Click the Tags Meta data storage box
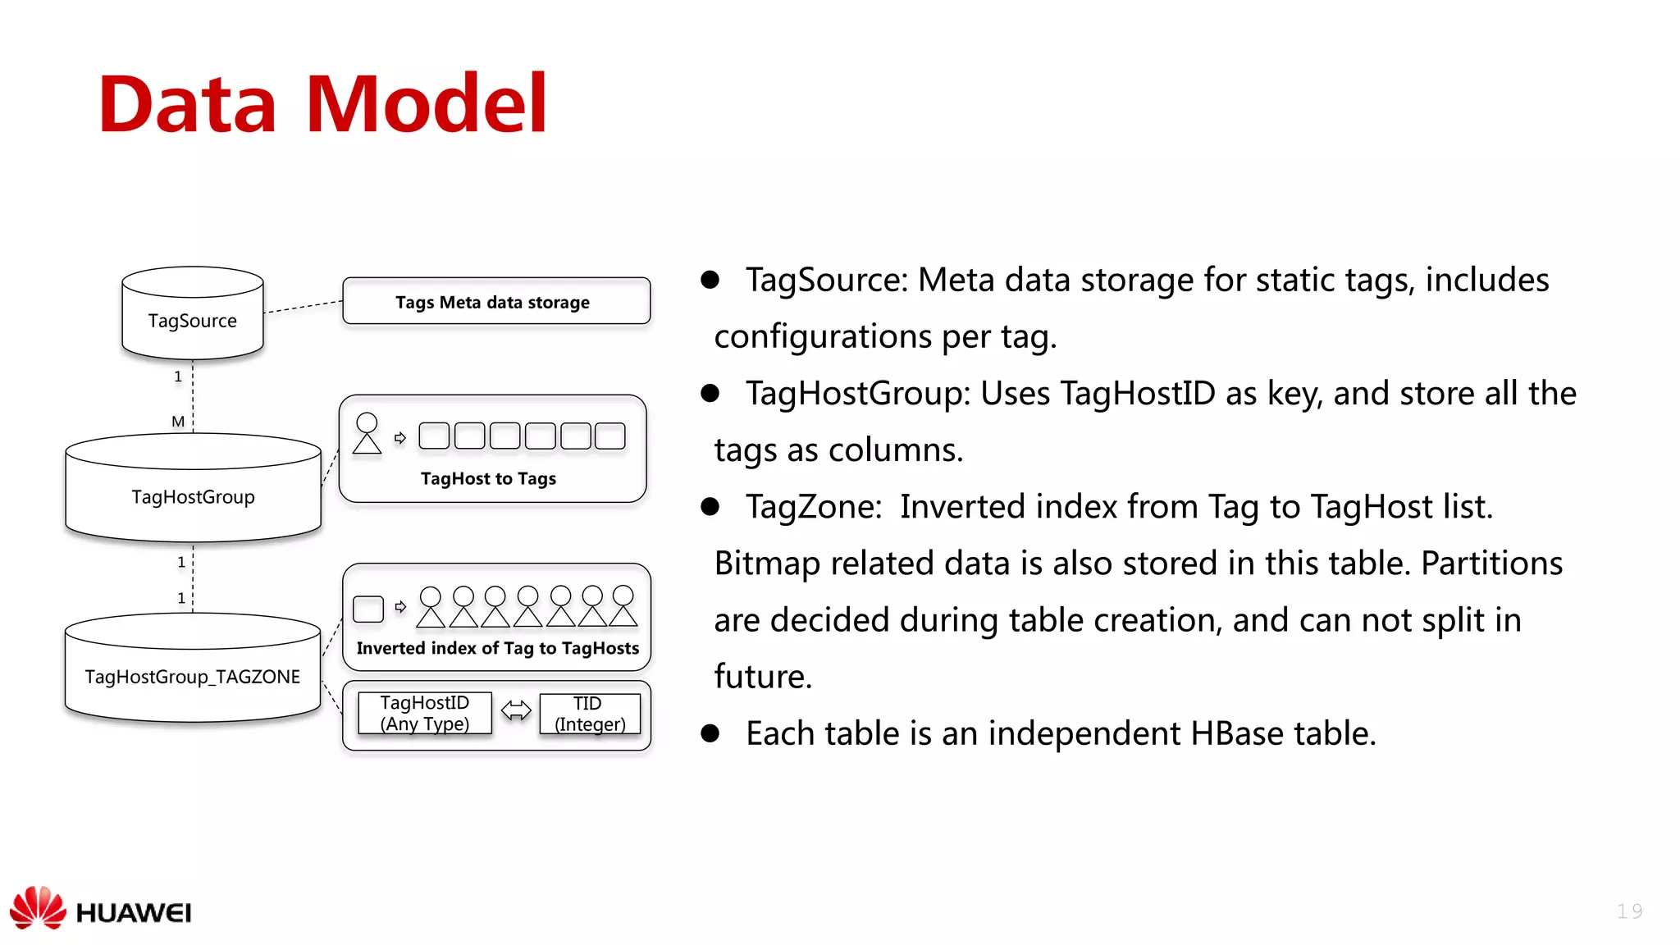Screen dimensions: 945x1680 point(496,301)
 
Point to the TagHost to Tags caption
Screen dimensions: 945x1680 point(488,478)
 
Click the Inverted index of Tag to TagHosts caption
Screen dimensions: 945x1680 point(497,648)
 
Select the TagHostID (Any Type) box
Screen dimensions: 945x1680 point(425,713)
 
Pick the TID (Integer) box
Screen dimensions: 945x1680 point(590,714)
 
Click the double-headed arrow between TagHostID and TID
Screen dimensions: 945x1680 point(516,710)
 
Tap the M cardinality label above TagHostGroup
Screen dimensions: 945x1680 point(178,422)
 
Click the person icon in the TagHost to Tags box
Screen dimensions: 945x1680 point(367,433)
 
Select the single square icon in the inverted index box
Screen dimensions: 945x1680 point(368,609)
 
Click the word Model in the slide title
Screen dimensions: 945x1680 point(426,104)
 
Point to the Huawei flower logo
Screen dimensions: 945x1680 point(38,908)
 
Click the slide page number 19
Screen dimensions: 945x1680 point(1629,911)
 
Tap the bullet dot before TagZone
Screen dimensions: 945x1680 point(710,507)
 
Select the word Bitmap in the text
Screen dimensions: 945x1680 point(767,564)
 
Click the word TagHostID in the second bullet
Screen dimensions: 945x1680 point(1137,394)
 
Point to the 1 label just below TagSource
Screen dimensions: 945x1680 point(178,377)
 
